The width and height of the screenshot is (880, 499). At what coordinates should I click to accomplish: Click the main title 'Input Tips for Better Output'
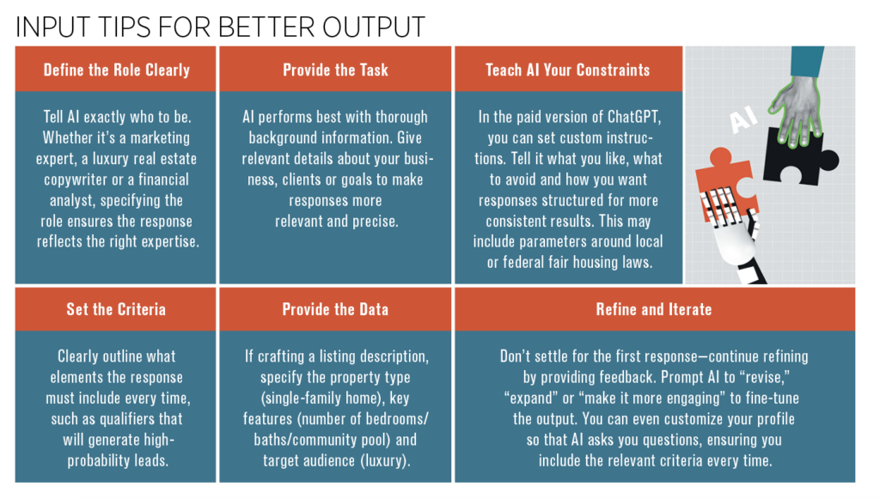[220, 27]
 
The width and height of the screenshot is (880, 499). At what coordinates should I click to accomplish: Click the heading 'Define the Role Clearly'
[117, 70]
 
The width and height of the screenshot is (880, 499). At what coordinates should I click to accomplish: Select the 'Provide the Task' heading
[336, 70]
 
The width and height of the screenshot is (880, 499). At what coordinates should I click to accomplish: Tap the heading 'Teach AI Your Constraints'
[567, 70]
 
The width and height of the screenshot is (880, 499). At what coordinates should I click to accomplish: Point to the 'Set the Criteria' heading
[116, 309]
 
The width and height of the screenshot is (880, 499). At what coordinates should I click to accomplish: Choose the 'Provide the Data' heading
[336, 309]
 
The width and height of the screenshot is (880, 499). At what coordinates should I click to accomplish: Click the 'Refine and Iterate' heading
[654, 309]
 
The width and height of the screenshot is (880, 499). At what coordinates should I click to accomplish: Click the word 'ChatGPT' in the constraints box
[635, 117]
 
